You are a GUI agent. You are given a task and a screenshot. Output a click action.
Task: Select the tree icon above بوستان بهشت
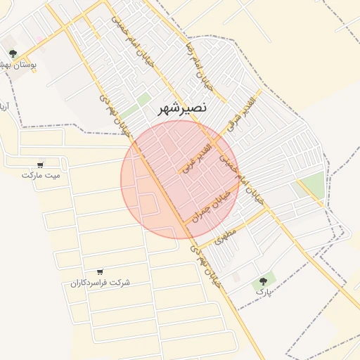[12, 54]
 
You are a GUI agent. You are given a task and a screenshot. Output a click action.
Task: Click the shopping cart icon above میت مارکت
[41, 165]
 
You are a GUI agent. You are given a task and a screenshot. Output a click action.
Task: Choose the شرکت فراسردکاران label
[99, 282]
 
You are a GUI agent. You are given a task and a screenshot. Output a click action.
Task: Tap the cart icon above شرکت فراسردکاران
[99, 271]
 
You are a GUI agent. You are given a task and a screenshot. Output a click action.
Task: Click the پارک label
[263, 290]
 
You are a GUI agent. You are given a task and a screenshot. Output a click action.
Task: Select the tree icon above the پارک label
[264, 281]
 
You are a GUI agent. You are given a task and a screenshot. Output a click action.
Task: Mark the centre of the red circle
[180, 179]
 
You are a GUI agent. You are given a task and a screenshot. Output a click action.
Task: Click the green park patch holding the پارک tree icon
[265, 285]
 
